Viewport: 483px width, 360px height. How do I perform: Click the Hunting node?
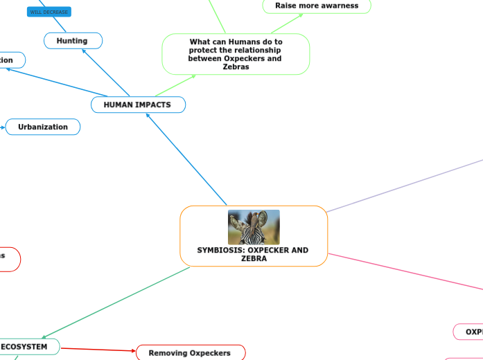coord(72,41)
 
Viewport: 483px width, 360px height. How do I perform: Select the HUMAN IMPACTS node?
coord(137,105)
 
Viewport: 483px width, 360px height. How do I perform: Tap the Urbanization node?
coord(43,127)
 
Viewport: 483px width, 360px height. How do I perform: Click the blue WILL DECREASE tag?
coord(49,12)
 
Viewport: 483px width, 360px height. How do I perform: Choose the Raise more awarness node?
coord(317,6)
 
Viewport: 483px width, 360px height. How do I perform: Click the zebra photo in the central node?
coord(254,227)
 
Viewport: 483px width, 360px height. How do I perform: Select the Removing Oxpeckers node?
coord(190,353)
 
